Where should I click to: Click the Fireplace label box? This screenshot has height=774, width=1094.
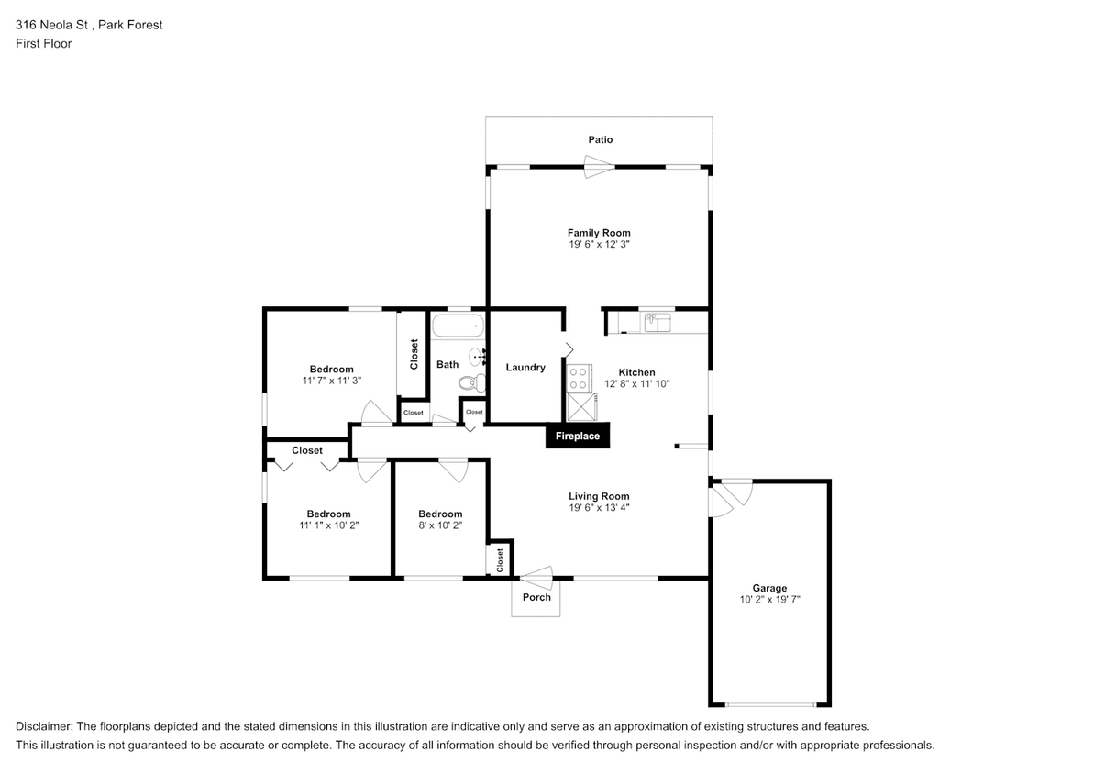[x=578, y=436]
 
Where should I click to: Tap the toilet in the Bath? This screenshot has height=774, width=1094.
[x=469, y=383]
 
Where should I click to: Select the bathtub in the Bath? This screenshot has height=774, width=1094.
[x=457, y=325]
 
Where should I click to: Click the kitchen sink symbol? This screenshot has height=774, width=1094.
[x=658, y=322]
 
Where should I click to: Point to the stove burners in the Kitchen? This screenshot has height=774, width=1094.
[x=578, y=377]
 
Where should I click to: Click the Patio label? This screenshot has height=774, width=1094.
[x=601, y=139]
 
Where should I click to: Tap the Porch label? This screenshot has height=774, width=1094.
[x=536, y=597]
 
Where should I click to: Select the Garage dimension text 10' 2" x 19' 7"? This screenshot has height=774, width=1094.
[x=768, y=600]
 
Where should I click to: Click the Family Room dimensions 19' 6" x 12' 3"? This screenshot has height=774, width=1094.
[x=599, y=245]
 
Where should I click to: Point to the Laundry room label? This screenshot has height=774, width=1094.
[x=525, y=367]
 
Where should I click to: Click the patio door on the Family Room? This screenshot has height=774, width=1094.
[x=599, y=166]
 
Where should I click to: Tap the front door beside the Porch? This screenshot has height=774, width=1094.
[x=536, y=577]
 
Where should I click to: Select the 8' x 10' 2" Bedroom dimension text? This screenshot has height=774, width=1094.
[x=440, y=525]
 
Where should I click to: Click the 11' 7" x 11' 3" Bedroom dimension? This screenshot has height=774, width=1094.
[x=331, y=381]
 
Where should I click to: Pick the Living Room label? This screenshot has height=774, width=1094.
[x=599, y=496]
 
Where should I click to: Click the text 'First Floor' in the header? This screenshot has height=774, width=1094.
[x=43, y=43]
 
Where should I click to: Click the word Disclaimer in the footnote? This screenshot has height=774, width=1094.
[x=47, y=725]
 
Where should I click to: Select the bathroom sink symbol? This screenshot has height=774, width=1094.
[x=477, y=356]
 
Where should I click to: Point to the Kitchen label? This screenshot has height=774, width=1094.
[x=636, y=372]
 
